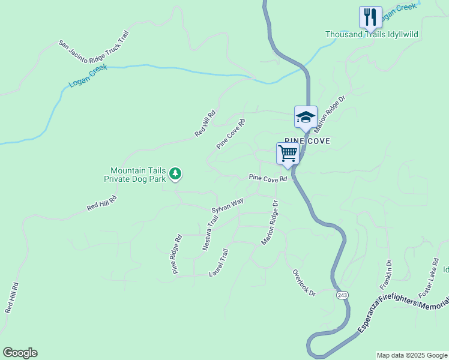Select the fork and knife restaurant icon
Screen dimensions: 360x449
370,16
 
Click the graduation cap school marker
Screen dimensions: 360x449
306,116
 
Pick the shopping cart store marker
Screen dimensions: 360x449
288,153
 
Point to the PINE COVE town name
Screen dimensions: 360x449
307,140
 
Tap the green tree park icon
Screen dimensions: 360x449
175,174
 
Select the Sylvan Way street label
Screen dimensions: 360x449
228,205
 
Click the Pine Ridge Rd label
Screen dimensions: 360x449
177,254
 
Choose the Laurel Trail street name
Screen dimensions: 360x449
218,263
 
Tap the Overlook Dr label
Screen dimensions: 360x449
304,281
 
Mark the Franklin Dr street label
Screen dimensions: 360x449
385,274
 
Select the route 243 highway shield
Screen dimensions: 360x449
342,295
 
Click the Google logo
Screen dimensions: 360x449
20,353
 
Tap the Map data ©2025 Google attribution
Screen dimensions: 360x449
412,355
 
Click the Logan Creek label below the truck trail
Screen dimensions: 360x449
88,76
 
